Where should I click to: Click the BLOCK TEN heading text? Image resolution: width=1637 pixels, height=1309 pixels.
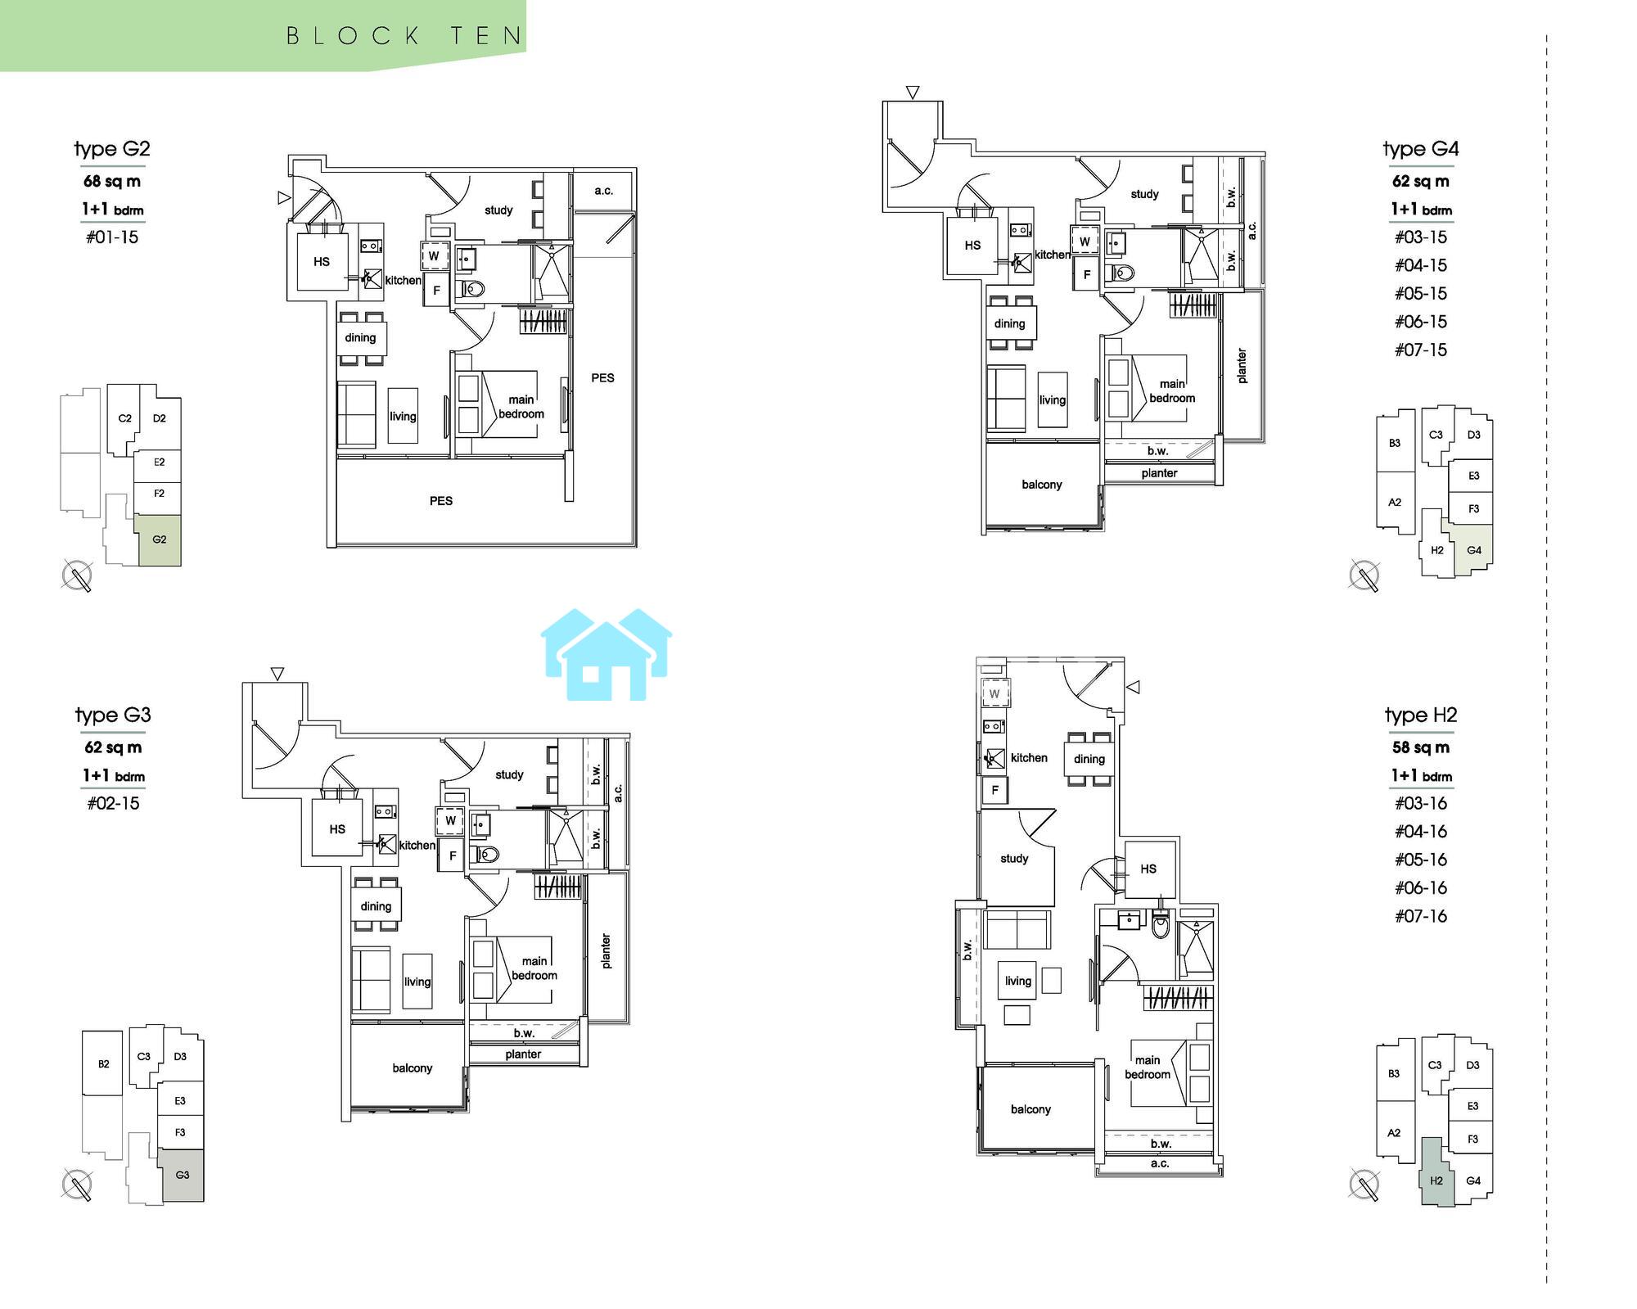point(404,36)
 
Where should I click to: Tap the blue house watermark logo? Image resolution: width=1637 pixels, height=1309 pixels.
point(607,655)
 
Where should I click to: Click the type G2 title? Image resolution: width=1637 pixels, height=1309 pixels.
point(112,150)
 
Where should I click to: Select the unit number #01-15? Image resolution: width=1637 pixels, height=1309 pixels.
point(112,237)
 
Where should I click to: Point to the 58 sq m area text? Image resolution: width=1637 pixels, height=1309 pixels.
point(1421,747)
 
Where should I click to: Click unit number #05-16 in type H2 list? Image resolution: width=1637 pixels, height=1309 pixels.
point(1421,860)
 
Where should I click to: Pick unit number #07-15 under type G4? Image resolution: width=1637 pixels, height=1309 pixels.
point(1421,350)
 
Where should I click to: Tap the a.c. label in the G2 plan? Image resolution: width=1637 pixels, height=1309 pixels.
point(604,191)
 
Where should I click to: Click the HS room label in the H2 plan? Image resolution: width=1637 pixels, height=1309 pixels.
point(1148,869)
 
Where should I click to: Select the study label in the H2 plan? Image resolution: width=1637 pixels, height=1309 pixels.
point(1014,859)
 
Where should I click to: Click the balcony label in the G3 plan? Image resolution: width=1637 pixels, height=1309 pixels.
point(412,1068)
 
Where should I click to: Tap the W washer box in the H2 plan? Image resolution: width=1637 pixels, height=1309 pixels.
point(994,694)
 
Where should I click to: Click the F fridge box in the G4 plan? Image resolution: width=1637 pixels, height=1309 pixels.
point(1087,275)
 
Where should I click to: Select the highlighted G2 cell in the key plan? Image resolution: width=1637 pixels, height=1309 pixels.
point(159,540)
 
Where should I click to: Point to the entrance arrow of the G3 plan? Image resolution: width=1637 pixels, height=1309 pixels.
point(277,674)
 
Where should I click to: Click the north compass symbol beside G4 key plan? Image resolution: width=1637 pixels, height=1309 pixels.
point(1364,576)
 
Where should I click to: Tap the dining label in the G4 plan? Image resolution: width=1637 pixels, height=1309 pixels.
point(1009,323)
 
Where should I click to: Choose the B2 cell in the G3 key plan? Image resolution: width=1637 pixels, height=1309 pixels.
point(103,1064)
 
